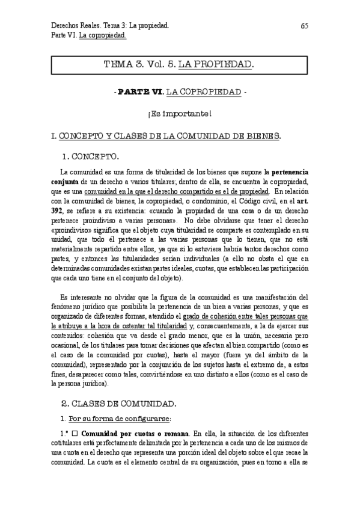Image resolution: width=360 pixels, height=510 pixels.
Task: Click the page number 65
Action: point(304,26)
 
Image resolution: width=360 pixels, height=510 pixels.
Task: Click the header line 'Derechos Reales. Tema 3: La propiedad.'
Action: point(109,26)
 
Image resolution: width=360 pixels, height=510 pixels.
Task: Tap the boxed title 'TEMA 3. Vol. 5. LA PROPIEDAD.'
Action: point(178,64)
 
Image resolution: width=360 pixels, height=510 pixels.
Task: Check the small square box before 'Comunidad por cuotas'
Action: point(75,433)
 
